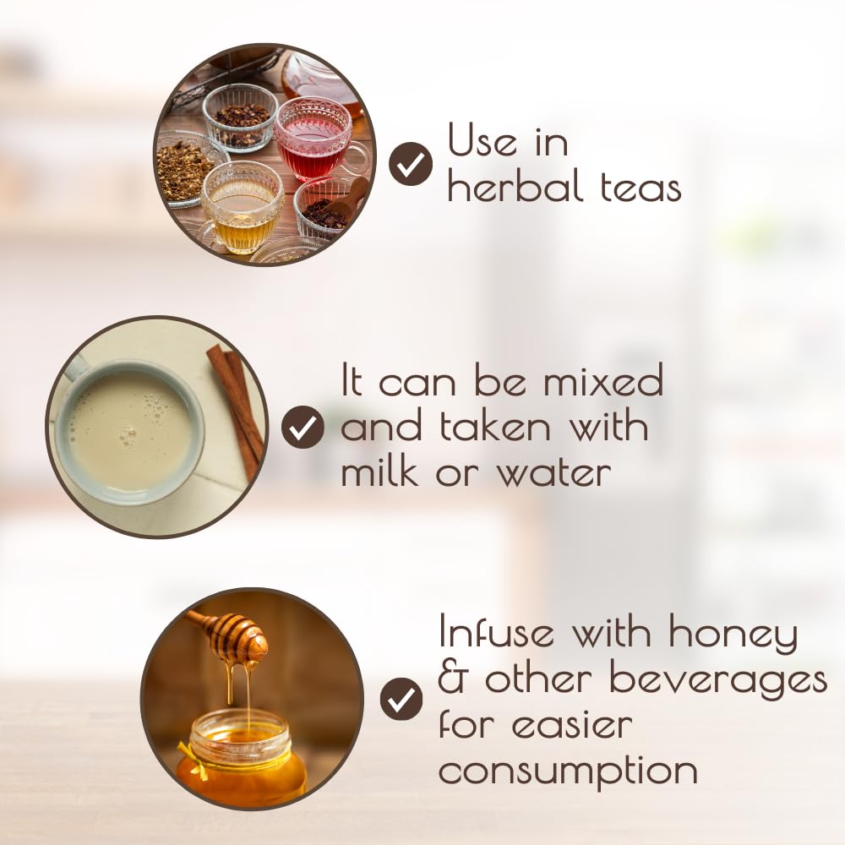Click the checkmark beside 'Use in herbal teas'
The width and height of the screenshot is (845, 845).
410,164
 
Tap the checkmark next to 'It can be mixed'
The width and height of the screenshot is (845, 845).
303,427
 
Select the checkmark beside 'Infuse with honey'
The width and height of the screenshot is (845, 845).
401,700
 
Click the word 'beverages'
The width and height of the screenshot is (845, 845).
718,681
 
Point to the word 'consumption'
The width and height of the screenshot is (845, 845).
568,771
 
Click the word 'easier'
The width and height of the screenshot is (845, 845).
572,725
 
